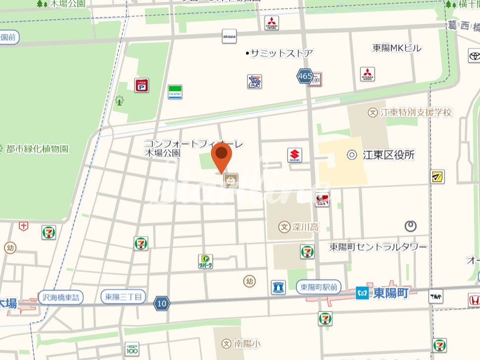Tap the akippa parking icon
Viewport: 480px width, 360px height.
click(x=229, y=36)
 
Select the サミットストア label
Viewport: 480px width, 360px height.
click(x=281, y=53)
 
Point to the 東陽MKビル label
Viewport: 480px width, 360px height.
click(x=397, y=48)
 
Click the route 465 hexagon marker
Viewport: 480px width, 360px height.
click(x=305, y=76)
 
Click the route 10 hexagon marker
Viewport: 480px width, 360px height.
click(x=161, y=303)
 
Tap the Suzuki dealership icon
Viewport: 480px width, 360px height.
click(x=295, y=155)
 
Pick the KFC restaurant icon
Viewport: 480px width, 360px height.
click(x=322, y=200)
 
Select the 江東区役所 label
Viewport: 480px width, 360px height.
click(x=388, y=155)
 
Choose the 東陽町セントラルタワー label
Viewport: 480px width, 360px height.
click(x=378, y=247)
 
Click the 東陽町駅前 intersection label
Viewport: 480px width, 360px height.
click(x=319, y=287)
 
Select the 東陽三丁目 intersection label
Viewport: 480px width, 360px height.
click(x=123, y=297)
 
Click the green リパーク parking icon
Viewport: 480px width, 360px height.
click(x=206, y=261)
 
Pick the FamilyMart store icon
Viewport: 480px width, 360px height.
click(x=174, y=92)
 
